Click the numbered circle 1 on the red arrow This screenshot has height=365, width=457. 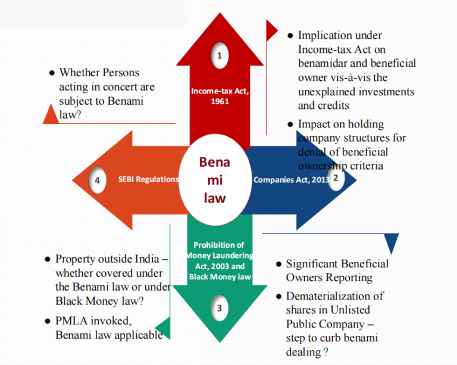point(220,56)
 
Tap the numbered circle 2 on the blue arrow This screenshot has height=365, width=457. point(335,177)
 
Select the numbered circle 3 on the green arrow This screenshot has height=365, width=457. point(220,308)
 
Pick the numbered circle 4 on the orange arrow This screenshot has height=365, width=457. point(97,180)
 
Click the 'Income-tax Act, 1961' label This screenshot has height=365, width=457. point(219,96)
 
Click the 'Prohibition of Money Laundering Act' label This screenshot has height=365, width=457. point(219,261)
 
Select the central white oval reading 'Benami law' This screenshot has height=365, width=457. point(214,179)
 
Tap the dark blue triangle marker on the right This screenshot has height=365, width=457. point(391,244)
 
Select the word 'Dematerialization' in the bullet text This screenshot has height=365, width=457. point(335,296)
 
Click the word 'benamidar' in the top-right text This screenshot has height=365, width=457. point(325,63)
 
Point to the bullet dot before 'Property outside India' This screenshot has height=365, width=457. point(48,260)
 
